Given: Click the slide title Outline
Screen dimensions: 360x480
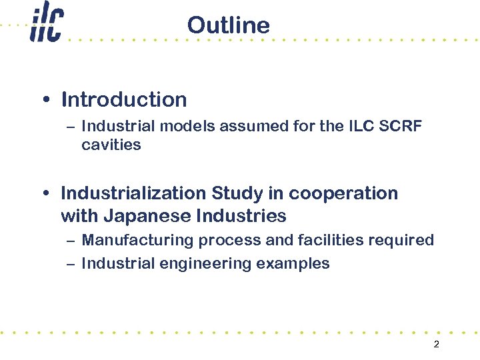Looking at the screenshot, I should click(x=228, y=25).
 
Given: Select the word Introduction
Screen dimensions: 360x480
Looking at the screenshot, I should click(x=124, y=100).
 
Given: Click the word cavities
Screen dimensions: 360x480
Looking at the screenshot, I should click(x=111, y=145).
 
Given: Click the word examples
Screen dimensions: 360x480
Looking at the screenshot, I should click(x=293, y=263).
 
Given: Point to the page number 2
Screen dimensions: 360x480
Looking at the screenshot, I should click(x=436, y=345).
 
